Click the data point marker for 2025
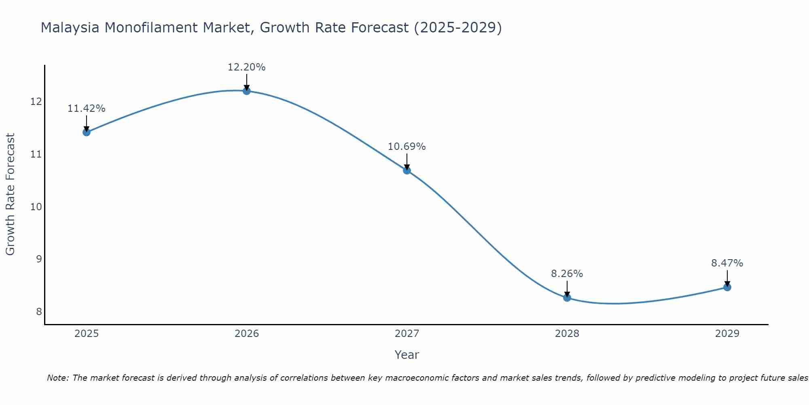click(86, 132)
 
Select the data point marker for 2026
click(246, 91)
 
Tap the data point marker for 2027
click(407, 171)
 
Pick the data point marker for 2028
click(567, 298)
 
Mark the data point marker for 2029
click(727, 287)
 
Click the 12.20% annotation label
click(246, 67)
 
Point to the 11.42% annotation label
click(86, 109)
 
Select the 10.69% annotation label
click(407, 147)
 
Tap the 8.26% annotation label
click(567, 274)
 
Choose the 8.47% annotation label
click(727, 263)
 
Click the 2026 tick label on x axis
click(246, 334)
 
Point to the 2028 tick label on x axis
click(567, 334)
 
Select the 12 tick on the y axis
click(36, 101)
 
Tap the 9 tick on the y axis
click(39, 259)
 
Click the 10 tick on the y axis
click(36, 207)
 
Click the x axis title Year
click(407, 355)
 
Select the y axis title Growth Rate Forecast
click(10, 194)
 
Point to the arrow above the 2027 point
click(407, 161)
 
